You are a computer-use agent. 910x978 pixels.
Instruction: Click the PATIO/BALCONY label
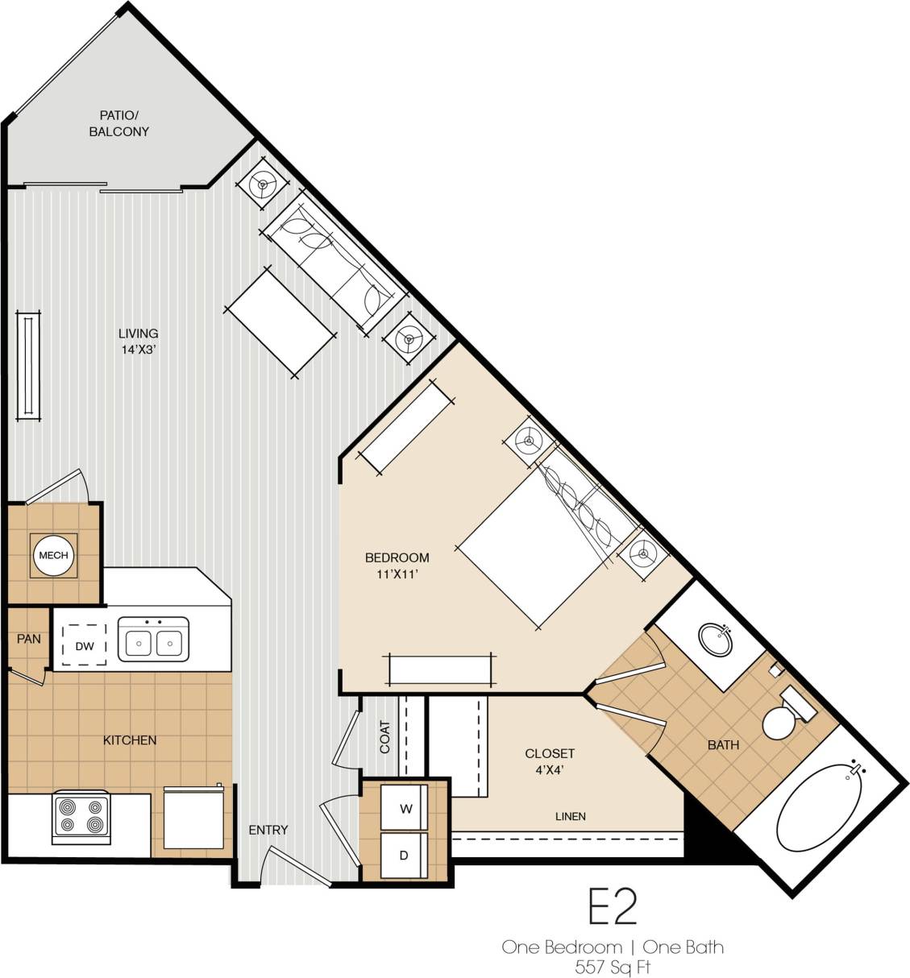[118, 123]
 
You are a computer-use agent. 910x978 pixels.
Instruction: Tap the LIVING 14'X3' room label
[138, 341]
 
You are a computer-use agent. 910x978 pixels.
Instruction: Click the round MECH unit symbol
[54, 556]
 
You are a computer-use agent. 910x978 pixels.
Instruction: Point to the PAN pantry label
[29, 639]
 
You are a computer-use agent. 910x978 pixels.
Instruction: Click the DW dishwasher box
[85, 645]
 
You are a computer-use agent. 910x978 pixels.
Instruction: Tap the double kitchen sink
[154, 640]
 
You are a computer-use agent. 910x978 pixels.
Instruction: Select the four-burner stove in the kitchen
[81, 817]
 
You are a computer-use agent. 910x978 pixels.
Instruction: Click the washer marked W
[405, 809]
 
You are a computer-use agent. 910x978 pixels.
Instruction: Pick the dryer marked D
[405, 856]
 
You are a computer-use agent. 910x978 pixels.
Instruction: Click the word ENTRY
[268, 830]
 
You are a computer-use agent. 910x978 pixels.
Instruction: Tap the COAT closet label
[384, 736]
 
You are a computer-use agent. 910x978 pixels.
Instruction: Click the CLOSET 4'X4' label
[550, 760]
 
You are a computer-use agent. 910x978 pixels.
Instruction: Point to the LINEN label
[570, 816]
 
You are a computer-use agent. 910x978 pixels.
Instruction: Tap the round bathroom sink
[715, 640]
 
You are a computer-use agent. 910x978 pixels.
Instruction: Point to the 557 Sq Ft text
[613, 967]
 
